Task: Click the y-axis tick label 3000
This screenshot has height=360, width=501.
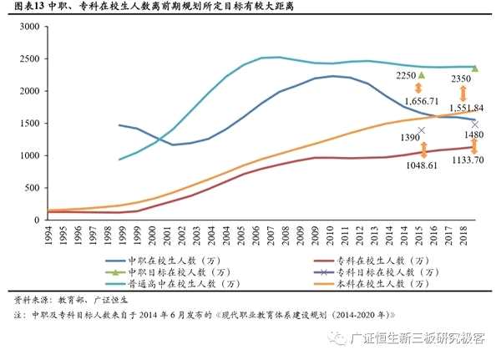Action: coord(28,27)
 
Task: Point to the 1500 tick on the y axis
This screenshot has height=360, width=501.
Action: coord(28,124)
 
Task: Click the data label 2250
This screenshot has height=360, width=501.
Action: coord(406,75)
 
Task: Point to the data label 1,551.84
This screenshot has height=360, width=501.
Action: coord(466,109)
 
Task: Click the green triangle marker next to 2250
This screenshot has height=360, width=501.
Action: coord(422,74)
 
